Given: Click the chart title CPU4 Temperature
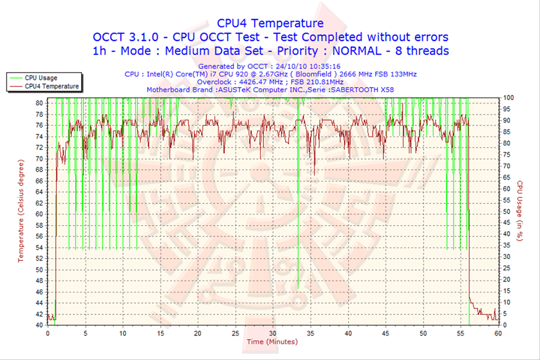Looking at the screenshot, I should [271, 22].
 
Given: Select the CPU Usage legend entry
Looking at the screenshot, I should [40, 77].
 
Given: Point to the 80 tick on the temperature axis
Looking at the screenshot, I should [39, 102].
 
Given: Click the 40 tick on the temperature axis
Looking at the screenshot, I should [39, 325].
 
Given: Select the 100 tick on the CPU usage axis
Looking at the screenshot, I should [508, 97].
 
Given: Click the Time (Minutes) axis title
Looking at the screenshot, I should [271, 342].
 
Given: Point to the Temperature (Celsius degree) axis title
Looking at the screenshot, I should [21, 210].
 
